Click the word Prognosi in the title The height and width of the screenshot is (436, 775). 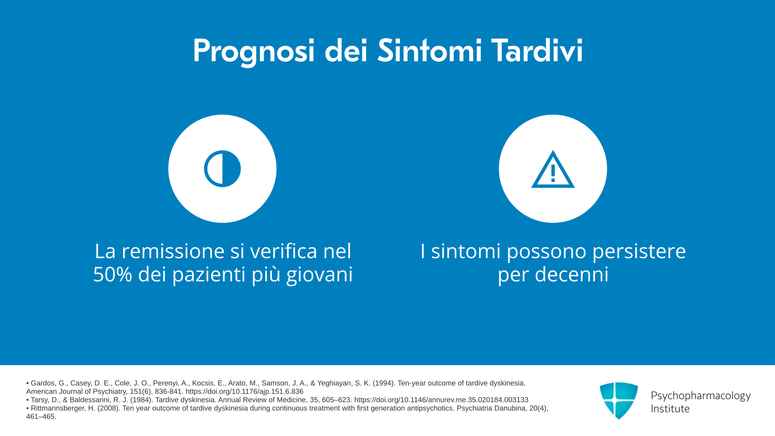pyautogui.click(x=253, y=51)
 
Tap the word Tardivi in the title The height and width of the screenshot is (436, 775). pyautogui.click(x=537, y=50)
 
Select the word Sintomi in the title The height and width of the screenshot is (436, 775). pyautogui.click(x=429, y=50)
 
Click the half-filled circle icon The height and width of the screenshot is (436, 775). pyautogui.click(x=222, y=169)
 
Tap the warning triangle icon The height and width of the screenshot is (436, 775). pyautogui.click(x=553, y=170)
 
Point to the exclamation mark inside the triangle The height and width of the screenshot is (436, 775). pyautogui.click(x=553, y=173)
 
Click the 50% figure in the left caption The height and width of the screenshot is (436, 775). pyautogui.click(x=113, y=274)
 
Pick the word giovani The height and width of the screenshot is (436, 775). pyautogui.click(x=319, y=275)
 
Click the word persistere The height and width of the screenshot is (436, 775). pyautogui.click(x=639, y=252)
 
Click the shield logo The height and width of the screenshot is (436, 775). pyautogui.click(x=619, y=400)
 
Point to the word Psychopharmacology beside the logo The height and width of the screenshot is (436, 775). pyautogui.click(x=701, y=396)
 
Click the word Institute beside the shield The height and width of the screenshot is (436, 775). pyautogui.click(x=670, y=409)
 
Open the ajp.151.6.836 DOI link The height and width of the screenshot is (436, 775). pyautogui.click(x=244, y=392)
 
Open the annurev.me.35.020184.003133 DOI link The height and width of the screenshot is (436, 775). pyautogui.click(x=441, y=400)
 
